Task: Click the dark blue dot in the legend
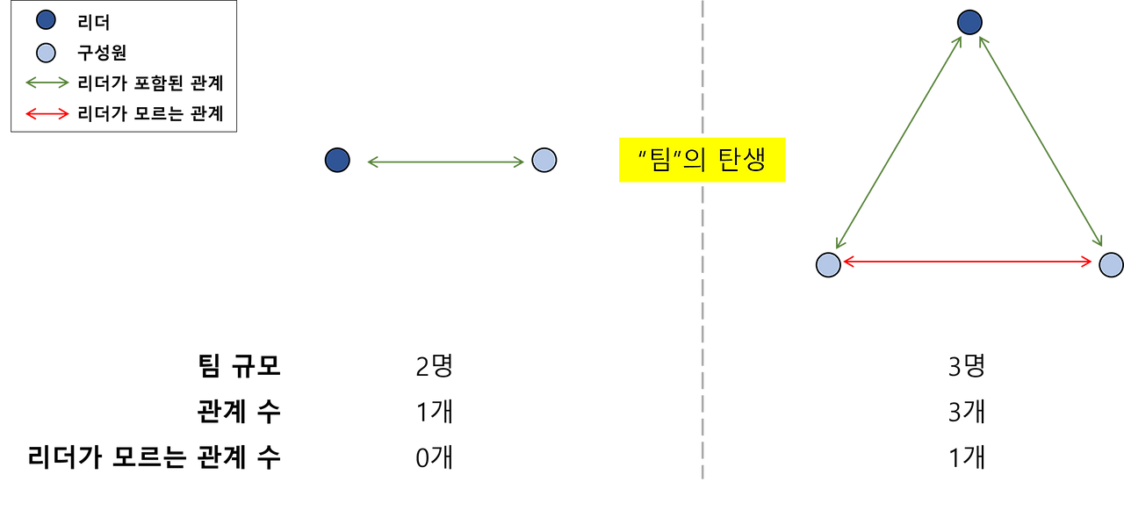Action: (46, 19)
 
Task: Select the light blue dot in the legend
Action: (46, 53)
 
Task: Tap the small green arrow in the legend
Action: (47, 83)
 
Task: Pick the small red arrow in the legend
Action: (47, 113)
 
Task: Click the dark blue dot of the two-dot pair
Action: (337, 160)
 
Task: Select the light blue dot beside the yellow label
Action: (544, 160)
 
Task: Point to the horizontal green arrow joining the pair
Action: (444, 162)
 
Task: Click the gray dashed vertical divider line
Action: (702, 351)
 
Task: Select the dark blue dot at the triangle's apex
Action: (969, 22)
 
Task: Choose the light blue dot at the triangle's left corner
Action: (828, 264)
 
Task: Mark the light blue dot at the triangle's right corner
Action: (1111, 264)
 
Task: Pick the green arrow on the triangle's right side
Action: (1041, 140)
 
